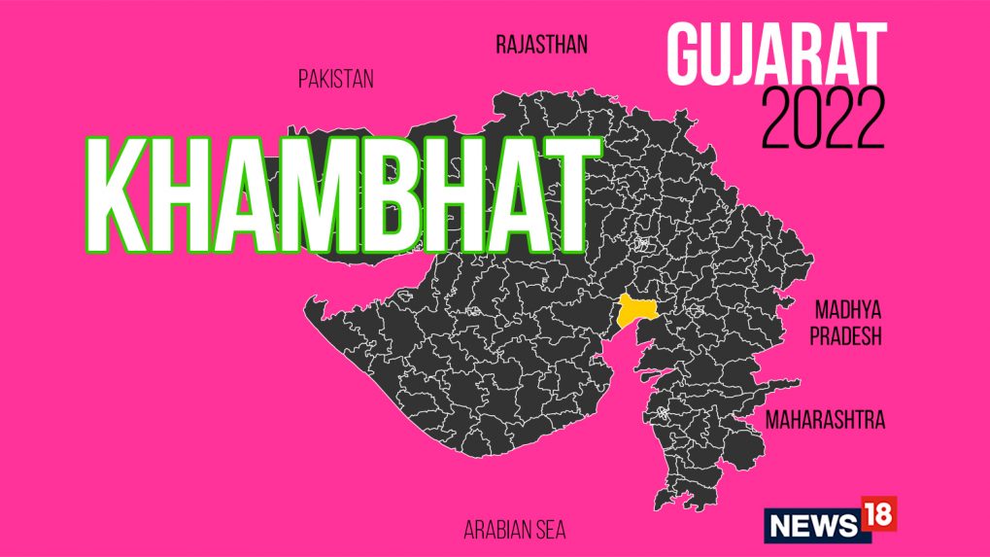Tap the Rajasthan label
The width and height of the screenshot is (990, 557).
[541, 45]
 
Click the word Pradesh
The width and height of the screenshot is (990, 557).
[846, 336]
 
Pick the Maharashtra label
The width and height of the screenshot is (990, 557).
[825, 421]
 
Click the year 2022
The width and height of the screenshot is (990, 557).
[824, 118]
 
